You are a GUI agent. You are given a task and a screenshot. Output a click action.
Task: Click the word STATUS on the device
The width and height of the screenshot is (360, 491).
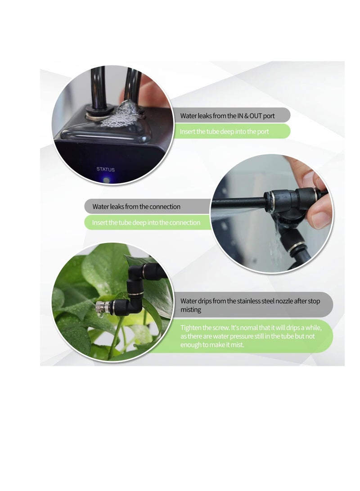pyautogui.click(x=106, y=170)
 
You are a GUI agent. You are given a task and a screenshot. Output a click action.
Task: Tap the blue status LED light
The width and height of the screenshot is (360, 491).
pyautogui.click(x=106, y=179)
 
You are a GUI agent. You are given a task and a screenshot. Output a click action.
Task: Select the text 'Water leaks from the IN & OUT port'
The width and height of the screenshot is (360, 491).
pyautogui.click(x=227, y=116)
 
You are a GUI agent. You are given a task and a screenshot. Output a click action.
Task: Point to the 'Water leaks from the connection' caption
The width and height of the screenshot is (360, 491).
pyautogui.click(x=136, y=207)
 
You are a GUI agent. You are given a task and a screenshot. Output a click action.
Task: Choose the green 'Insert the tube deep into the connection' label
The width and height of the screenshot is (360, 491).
pyautogui.click(x=146, y=222)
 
